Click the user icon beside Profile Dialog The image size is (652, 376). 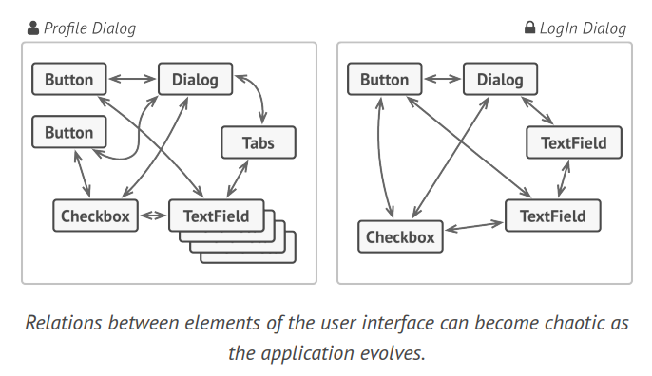(33, 28)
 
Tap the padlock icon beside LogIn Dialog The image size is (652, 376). (529, 28)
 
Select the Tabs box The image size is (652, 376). (259, 143)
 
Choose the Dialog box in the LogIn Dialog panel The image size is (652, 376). (500, 80)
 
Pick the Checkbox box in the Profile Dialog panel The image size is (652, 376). (95, 216)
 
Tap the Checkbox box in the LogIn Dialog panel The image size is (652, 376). (400, 236)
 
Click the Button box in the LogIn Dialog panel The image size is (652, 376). (384, 80)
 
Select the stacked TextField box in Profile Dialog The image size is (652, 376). (215, 216)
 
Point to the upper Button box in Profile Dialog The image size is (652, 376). (68, 80)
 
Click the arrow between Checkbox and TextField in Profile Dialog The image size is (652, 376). (153, 216)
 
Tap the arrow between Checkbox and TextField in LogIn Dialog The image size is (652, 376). (474, 227)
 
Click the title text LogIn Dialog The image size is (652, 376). (583, 28)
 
